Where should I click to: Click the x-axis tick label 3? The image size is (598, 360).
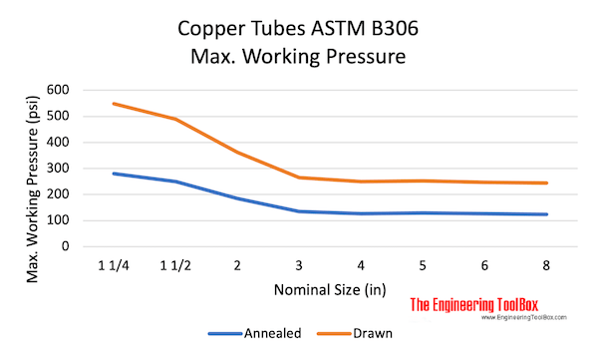(x=298, y=266)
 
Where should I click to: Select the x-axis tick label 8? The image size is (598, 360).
(x=546, y=266)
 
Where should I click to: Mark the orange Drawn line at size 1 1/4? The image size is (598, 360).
(x=113, y=104)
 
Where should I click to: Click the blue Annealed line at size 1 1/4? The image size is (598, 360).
(x=113, y=174)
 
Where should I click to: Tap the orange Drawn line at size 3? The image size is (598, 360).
(x=298, y=178)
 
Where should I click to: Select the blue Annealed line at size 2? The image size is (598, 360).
(x=236, y=198)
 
